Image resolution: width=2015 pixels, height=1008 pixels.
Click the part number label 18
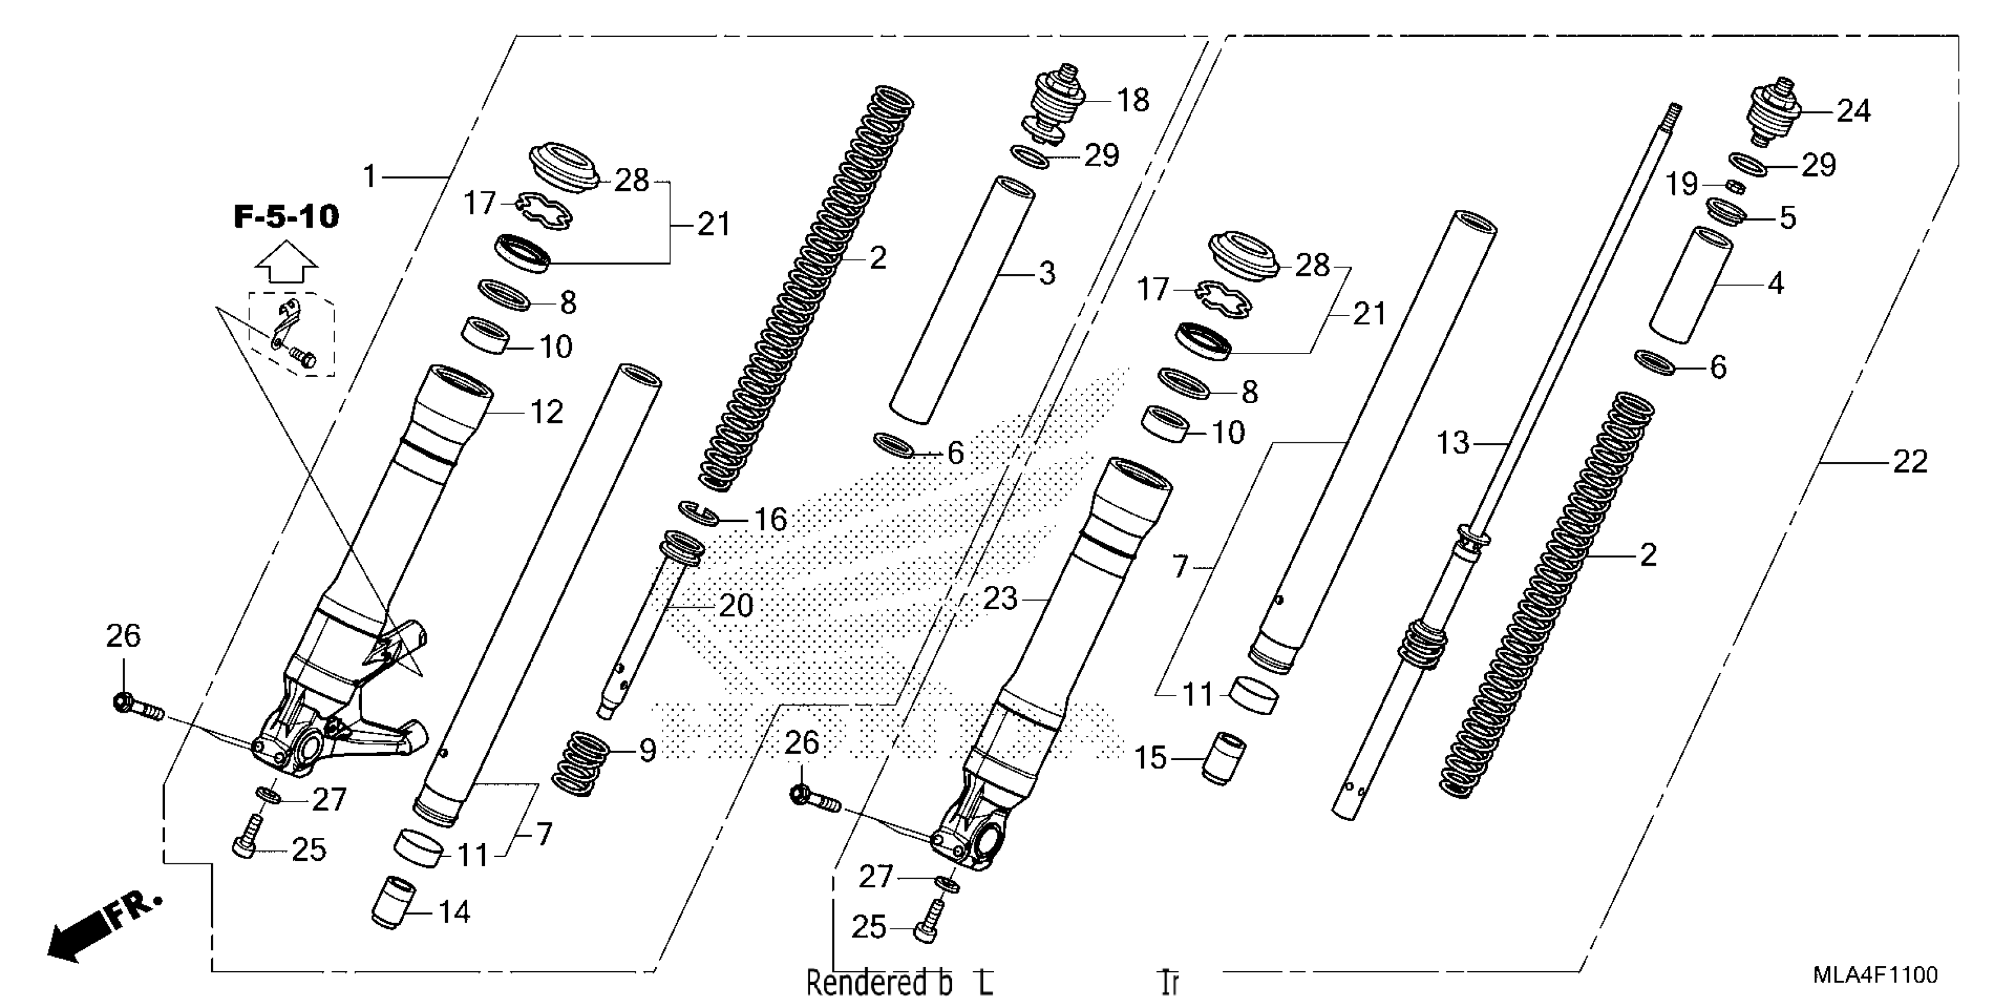click(x=1133, y=101)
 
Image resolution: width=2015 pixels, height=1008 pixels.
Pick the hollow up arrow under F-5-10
click(x=286, y=261)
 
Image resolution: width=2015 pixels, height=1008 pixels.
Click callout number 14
click(x=454, y=913)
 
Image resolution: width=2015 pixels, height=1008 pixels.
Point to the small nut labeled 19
click(x=1735, y=186)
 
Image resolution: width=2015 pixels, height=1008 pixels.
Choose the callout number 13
click(x=1453, y=444)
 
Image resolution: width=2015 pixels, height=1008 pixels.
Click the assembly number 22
click(x=1910, y=462)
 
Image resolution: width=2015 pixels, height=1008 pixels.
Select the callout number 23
click(x=1000, y=599)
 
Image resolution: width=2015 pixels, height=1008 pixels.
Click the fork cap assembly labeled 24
click(x=1772, y=113)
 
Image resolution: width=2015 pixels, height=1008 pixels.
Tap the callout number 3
click(x=1047, y=273)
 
